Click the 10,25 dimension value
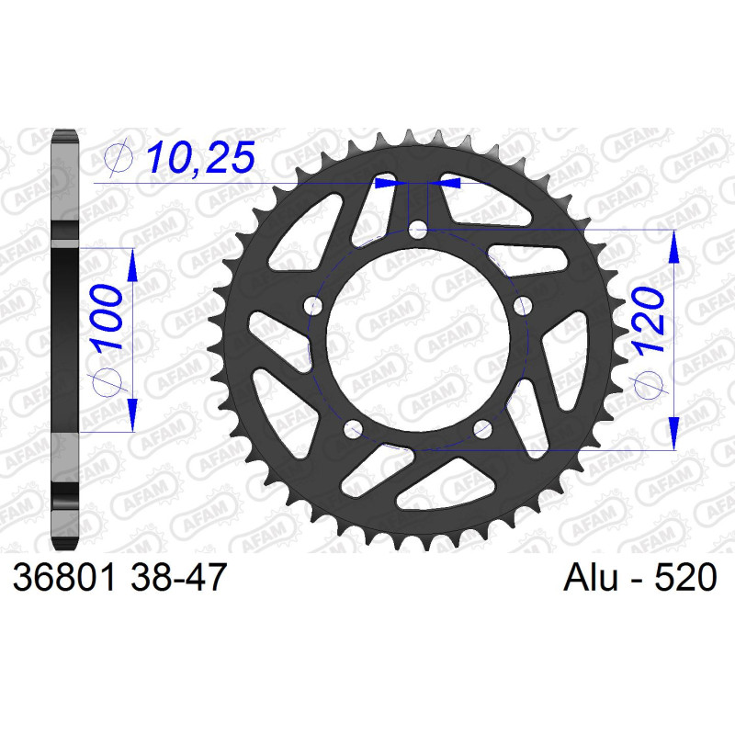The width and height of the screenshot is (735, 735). pos(200,157)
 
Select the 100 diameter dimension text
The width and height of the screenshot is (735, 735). pos(107,318)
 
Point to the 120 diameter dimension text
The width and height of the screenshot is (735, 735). pos(649,320)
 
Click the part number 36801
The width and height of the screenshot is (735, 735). pos(64,577)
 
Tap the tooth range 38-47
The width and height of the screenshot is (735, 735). pos(179,577)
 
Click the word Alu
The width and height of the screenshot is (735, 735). pos(591,577)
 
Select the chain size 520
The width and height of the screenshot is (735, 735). pos(685,577)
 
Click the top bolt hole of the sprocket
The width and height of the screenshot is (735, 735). pos(418,230)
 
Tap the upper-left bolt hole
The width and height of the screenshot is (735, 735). pos(313,307)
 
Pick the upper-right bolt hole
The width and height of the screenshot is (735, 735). pos(523,307)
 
